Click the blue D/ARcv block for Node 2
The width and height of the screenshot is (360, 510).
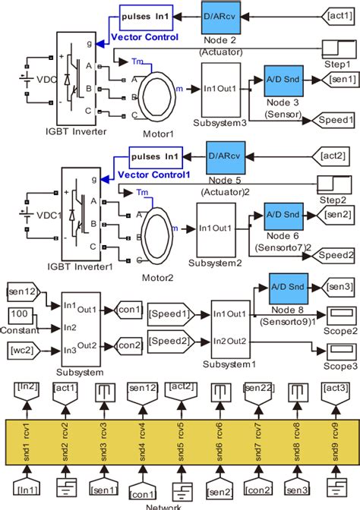click(x=222, y=16)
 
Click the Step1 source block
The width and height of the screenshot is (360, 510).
click(x=335, y=49)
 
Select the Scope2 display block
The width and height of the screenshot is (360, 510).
click(x=339, y=313)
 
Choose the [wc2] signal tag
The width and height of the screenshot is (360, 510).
click(x=25, y=349)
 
